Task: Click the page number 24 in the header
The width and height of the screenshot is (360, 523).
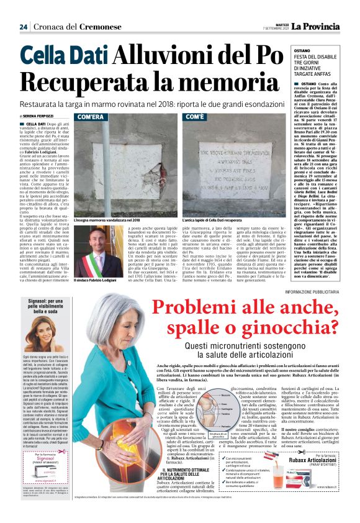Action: [24, 27]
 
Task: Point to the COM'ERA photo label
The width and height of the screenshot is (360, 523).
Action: [91, 117]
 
